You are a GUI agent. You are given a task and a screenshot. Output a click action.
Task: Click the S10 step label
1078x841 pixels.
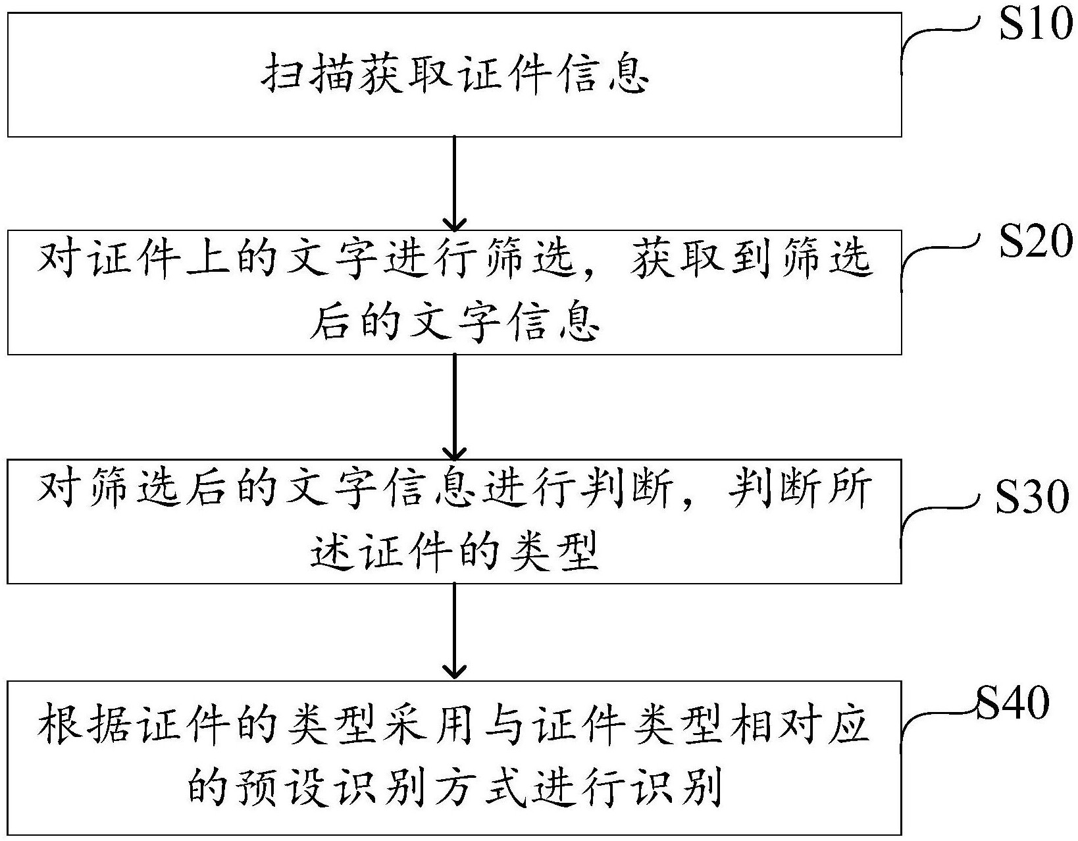1035,28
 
